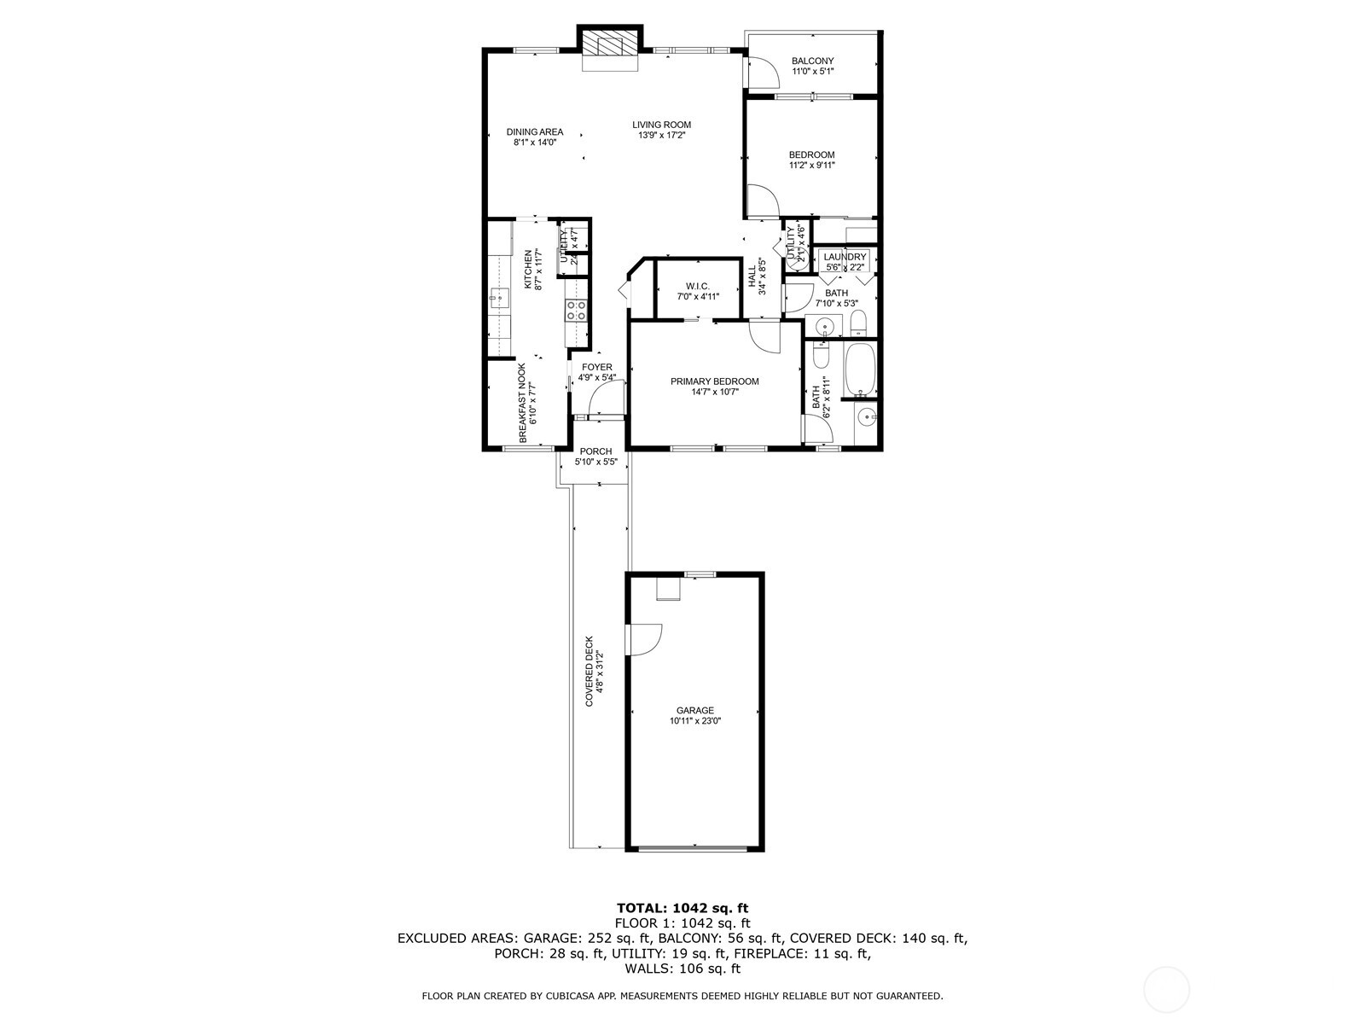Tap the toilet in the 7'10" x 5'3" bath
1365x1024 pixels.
[x=858, y=323]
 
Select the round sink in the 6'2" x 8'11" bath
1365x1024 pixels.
[x=867, y=417]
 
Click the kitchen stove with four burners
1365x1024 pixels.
[x=577, y=311]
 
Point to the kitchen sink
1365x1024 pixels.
[x=498, y=300]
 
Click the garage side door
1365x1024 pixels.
[x=644, y=639]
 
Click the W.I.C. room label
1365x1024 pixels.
[x=697, y=286]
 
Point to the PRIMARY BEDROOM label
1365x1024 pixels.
[x=714, y=381]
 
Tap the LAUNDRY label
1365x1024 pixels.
[x=845, y=257]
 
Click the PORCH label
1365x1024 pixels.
[x=595, y=451]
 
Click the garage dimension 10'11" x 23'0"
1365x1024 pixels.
[x=695, y=721]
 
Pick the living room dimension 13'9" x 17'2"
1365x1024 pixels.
[x=661, y=136]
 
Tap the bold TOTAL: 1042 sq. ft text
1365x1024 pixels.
[x=682, y=908]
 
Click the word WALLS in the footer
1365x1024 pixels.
[x=648, y=969]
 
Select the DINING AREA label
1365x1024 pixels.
[x=535, y=132]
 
